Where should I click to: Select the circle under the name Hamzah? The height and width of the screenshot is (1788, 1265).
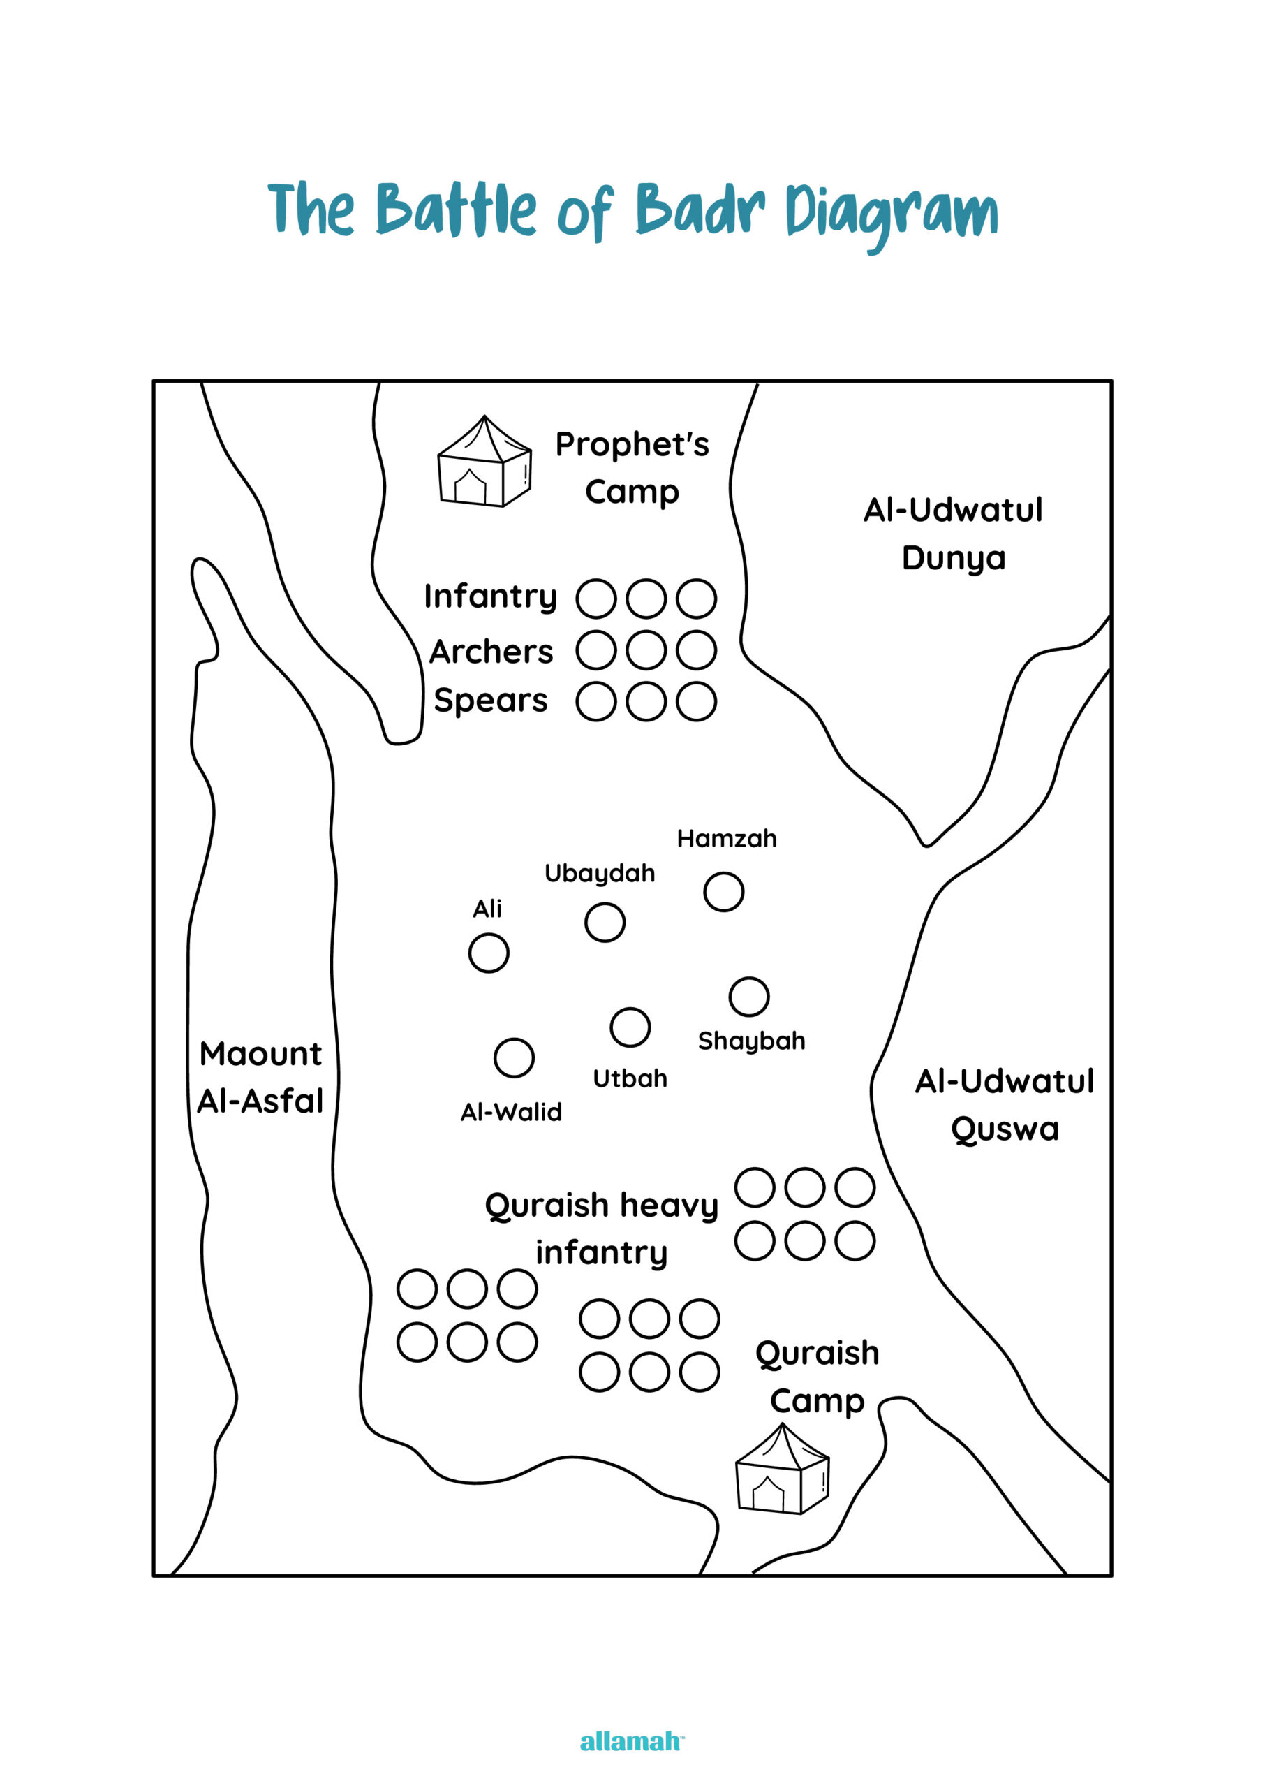[x=724, y=891]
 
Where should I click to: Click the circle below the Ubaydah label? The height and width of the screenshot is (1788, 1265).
[x=605, y=923]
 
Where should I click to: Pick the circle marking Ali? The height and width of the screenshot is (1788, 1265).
[x=489, y=953]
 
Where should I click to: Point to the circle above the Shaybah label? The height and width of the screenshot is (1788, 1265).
[x=749, y=997]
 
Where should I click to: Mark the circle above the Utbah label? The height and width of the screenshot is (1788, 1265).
[x=630, y=1027]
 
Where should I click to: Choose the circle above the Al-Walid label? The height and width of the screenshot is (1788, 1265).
[x=514, y=1058]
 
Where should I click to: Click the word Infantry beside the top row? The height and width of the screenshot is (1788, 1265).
[x=490, y=596]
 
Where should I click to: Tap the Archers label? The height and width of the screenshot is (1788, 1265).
[x=491, y=652]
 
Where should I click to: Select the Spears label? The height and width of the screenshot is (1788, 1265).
[x=491, y=701]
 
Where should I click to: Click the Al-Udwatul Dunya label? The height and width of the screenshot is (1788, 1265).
[x=954, y=534]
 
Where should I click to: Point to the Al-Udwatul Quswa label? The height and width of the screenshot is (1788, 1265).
[x=1005, y=1105]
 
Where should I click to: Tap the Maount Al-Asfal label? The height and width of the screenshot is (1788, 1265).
[x=260, y=1078]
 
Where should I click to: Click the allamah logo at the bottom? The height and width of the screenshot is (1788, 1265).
[x=631, y=1742]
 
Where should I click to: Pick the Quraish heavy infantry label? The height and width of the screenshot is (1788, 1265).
[x=601, y=1229]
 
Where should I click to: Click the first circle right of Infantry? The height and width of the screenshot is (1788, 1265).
[x=597, y=599]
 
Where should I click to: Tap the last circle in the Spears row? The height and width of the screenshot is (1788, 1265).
[x=696, y=701]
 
